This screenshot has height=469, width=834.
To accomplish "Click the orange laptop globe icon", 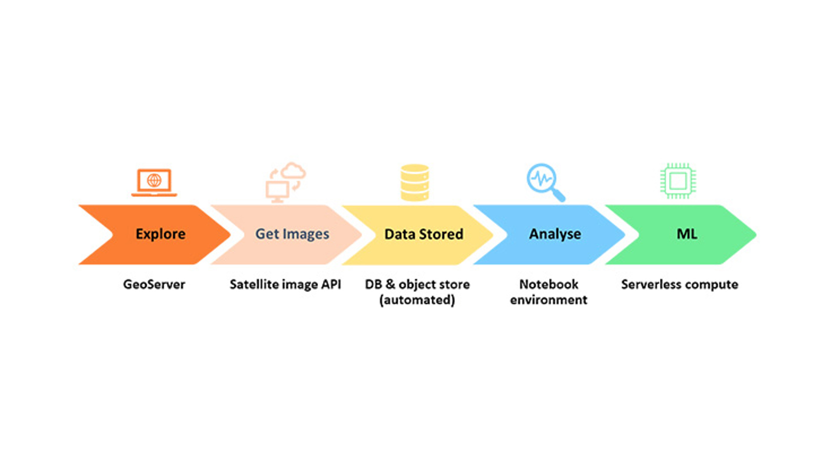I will (154, 182).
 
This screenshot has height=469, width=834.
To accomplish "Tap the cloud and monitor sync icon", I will (286, 182).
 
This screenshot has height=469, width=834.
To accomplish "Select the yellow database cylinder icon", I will (415, 182).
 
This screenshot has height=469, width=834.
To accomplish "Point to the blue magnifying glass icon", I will (546, 182).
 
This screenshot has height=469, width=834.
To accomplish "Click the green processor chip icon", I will (678, 181).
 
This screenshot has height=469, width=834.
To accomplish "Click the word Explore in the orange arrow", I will (160, 234).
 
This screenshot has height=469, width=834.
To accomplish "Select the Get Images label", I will (292, 234).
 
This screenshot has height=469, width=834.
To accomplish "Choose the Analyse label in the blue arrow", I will (555, 234).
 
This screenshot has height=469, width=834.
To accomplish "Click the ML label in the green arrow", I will (687, 234).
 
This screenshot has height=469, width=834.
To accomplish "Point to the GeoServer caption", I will (154, 284).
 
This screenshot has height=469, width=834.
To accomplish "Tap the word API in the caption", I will (331, 284).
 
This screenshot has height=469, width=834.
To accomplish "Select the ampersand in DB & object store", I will (390, 284).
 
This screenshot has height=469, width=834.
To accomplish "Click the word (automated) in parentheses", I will (417, 300).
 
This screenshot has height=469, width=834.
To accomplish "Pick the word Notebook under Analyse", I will (549, 284).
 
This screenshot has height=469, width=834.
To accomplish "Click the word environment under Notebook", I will (549, 300).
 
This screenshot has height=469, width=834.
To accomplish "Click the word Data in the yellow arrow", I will (400, 234).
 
